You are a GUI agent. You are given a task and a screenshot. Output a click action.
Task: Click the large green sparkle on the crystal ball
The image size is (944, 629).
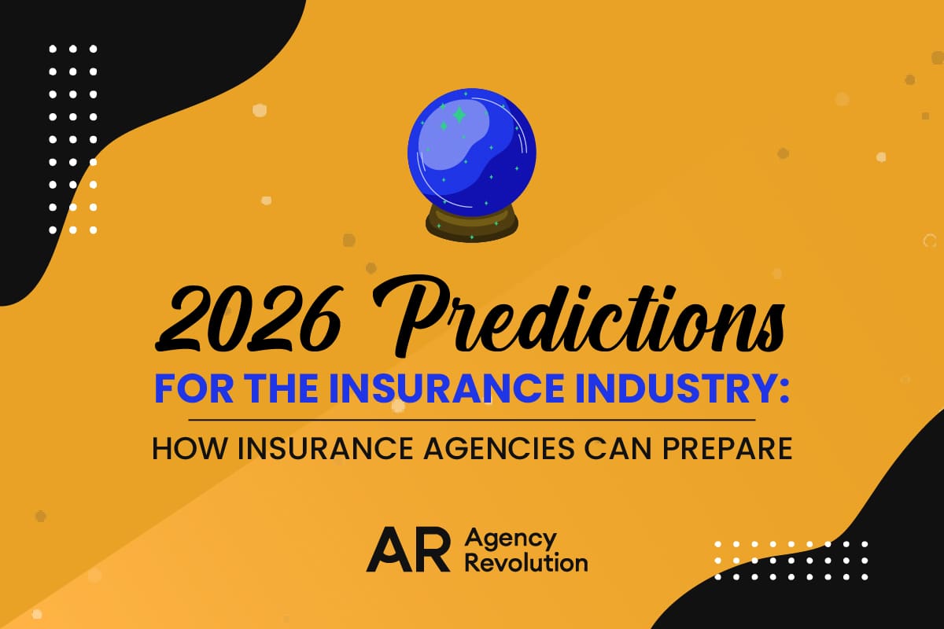(x=459, y=115)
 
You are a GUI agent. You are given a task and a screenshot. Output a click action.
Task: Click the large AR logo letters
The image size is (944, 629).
(x=409, y=550)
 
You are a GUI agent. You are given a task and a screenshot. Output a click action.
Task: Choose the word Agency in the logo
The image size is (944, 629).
(x=511, y=539)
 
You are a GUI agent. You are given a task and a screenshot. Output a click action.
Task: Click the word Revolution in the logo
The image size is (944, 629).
(x=526, y=562)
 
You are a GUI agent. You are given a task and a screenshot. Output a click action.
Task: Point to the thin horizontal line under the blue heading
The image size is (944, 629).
(x=472, y=420)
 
